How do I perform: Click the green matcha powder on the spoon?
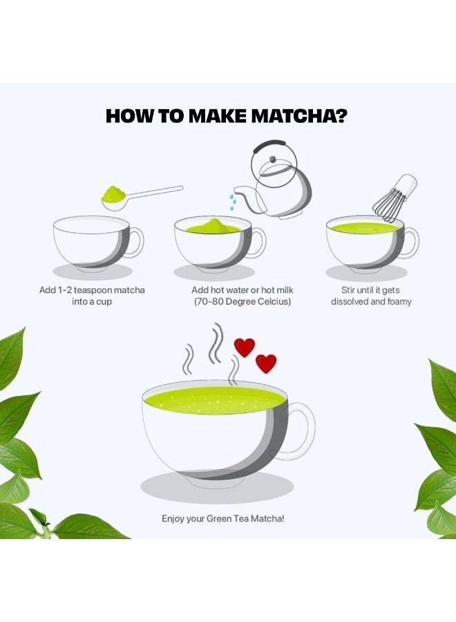(x=113, y=194)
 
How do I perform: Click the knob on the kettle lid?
(x=272, y=160)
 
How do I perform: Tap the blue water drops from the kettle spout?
(x=233, y=202)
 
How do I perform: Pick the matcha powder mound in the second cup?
(x=213, y=226)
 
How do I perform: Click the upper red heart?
(x=245, y=347)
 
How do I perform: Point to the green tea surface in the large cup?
(x=215, y=400)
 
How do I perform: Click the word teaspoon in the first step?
(x=93, y=290)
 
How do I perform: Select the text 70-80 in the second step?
(x=209, y=301)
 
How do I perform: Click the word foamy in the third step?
(x=399, y=301)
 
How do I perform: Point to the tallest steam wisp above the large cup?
(x=216, y=343)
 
